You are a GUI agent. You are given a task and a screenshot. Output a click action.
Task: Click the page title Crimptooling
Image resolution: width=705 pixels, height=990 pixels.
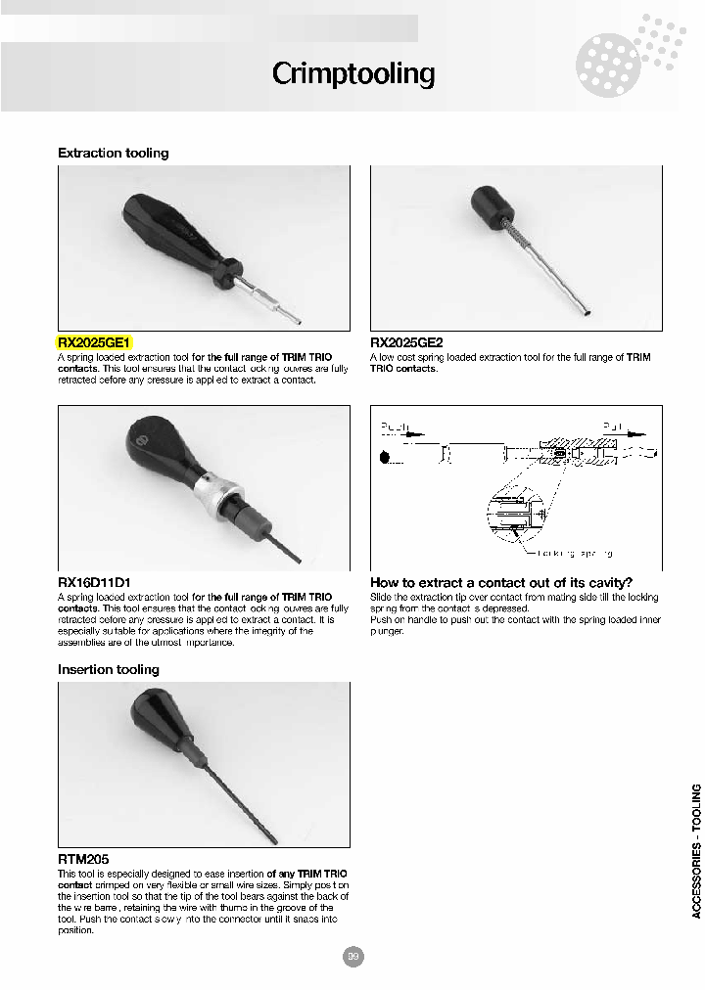pyautogui.click(x=352, y=73)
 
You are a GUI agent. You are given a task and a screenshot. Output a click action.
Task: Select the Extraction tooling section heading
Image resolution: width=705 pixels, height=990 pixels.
pyautogui.click(x=113, y=154)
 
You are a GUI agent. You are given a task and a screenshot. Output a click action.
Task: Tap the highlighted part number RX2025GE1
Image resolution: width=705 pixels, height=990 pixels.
pyautogui.click(x=94, y=342)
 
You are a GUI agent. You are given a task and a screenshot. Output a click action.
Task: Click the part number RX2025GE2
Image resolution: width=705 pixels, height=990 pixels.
pyautogui.click(x=406, y=342)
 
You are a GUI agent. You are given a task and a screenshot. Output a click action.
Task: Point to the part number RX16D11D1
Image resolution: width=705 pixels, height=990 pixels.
pyautogui.click(x=94, y=582)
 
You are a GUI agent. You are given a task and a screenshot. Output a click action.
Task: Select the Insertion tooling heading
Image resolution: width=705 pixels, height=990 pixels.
pyautogui.click(x=108, y=670)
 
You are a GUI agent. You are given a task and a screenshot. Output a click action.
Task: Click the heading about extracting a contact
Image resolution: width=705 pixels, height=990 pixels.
pyautogui.click(x=501, y=582)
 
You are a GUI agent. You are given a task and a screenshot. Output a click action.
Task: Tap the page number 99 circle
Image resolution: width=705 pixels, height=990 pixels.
pyautogui.click(x=352, y=957)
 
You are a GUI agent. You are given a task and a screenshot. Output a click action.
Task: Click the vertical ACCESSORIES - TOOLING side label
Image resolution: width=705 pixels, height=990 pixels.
pyautogui.click(x=696, y=851)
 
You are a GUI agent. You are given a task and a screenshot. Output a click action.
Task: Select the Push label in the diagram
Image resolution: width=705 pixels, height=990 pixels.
pyautogui.click(x=396, y=428)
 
